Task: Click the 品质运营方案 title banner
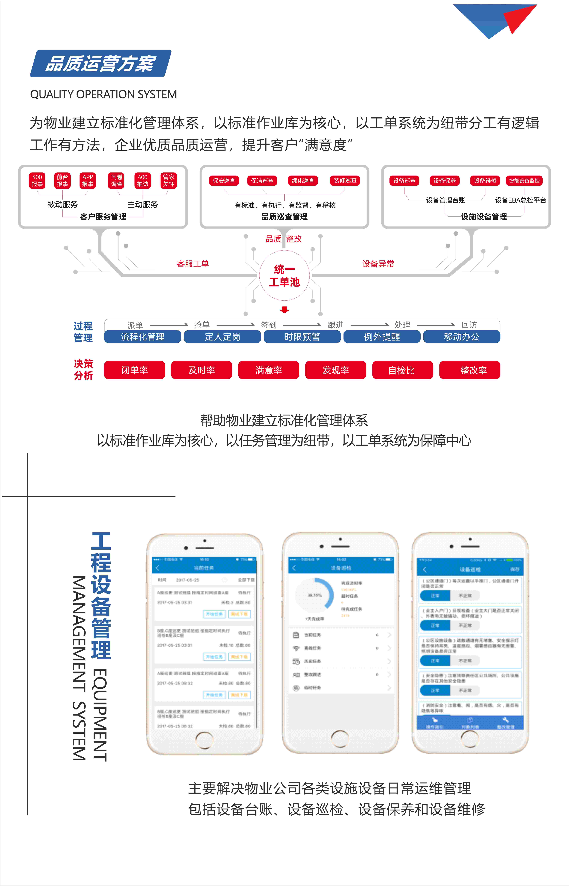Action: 101,64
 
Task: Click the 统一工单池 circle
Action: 284,275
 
